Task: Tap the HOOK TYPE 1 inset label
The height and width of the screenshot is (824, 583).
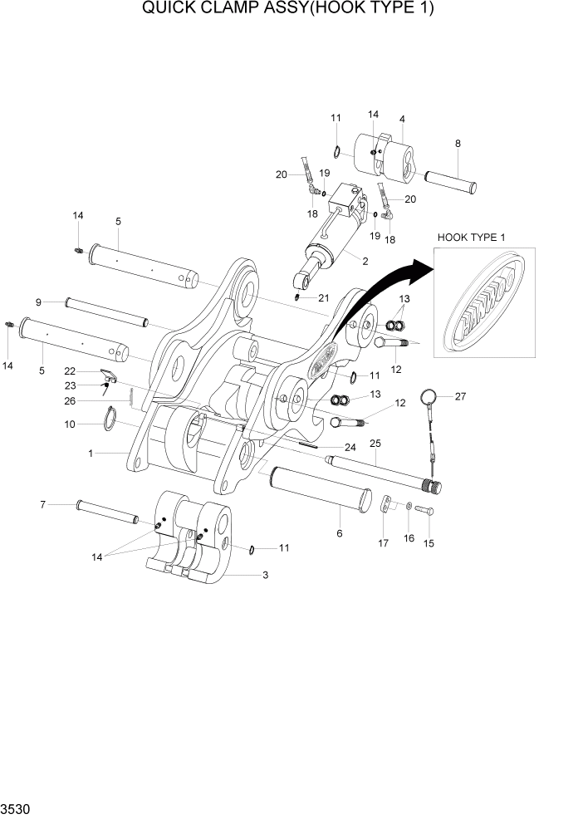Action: (471, 238)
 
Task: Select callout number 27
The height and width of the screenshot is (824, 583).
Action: (459, 396)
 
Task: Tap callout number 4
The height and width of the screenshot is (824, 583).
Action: (402, 119)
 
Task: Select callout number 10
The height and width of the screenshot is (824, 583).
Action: (69, 424)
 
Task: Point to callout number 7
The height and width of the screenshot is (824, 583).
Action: (42, 504)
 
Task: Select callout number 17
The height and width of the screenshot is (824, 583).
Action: (383, 544)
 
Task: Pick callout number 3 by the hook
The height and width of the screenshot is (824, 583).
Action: (265, 575)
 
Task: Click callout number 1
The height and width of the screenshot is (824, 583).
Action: (92, 454)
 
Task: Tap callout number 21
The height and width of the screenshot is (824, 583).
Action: (323, 297)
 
